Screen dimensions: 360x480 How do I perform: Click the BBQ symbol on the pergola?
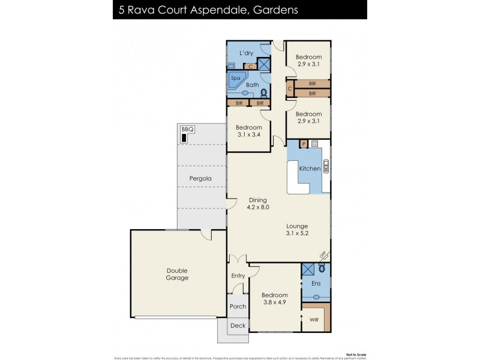point(184,138)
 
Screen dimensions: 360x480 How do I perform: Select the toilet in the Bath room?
point(263,93)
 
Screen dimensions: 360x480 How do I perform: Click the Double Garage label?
point(177,274)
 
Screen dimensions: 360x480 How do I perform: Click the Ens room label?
point(316,283)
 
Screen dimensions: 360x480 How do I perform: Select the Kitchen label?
point(310,169)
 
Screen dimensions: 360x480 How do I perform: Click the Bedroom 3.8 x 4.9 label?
point(275,299)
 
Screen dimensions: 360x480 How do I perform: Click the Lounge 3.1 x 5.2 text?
point(296,230)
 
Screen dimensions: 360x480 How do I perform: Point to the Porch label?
point(238,307)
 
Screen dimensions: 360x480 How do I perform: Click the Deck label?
point(238,326)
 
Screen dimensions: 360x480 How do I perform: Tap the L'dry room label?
point(246,53)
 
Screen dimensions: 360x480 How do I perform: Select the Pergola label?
point(200,179)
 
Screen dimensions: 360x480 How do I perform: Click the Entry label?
point(238,275)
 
